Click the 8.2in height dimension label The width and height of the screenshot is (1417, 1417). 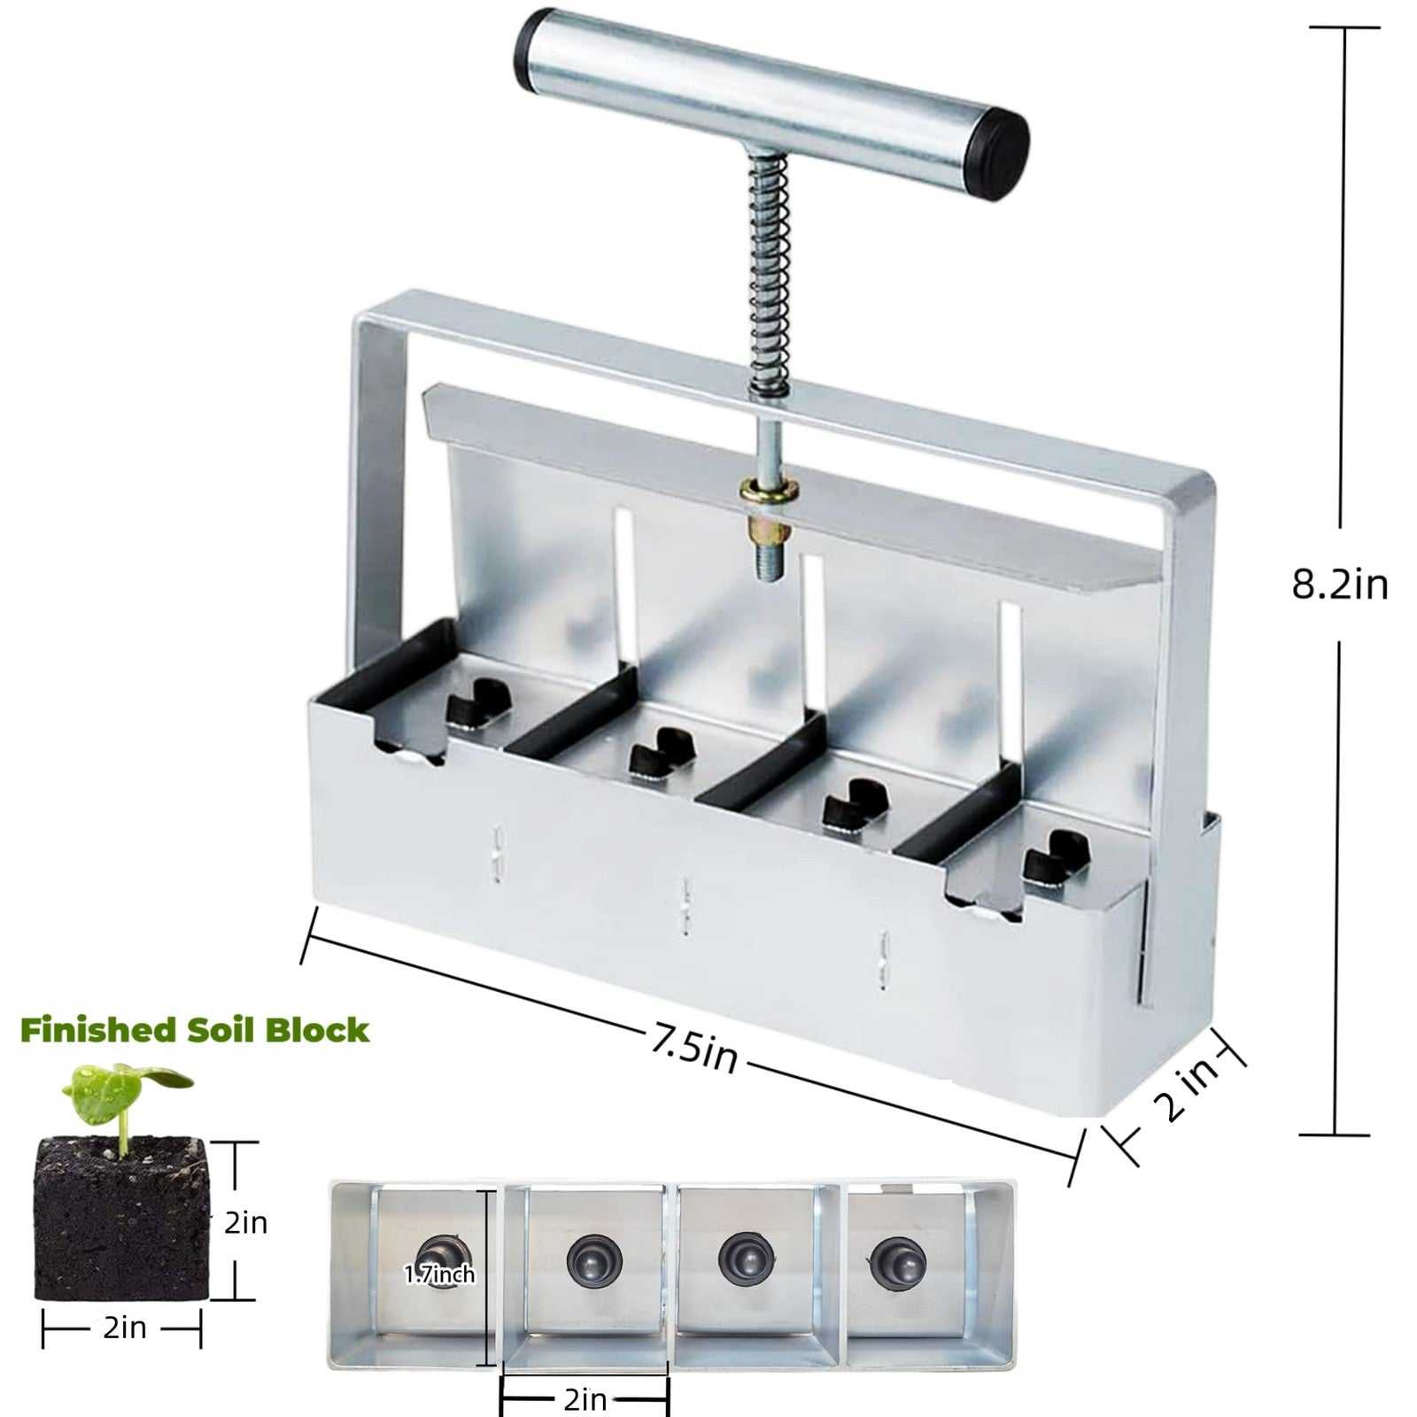coord(1339,585)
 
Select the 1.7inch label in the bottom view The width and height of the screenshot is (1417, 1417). coord(440,1274)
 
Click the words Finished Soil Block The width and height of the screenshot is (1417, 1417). coord(194,1030)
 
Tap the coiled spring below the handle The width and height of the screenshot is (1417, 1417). coord(769,275)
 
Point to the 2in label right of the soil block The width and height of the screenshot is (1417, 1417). coord(245,1222)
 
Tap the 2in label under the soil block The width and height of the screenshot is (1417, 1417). coord(124,1327)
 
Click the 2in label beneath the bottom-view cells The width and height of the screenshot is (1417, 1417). coord(585,1399)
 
